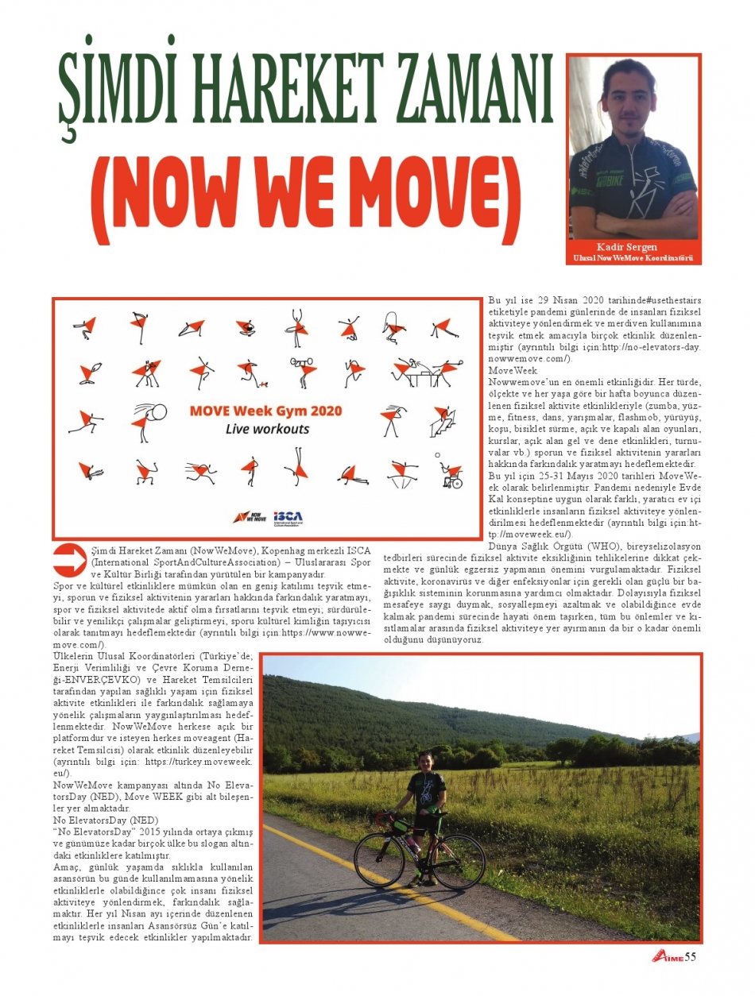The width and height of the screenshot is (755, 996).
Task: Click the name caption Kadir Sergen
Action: [633, 248]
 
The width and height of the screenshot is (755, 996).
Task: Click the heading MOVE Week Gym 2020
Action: [265, 411]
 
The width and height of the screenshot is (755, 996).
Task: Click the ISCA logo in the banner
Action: [287, 516]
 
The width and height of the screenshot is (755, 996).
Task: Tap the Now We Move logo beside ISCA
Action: [250, 516]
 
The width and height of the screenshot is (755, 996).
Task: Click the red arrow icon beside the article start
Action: [70, 559]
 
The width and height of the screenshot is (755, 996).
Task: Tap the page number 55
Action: [690, 956]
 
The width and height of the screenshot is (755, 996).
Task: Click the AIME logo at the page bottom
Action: [666, 957]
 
